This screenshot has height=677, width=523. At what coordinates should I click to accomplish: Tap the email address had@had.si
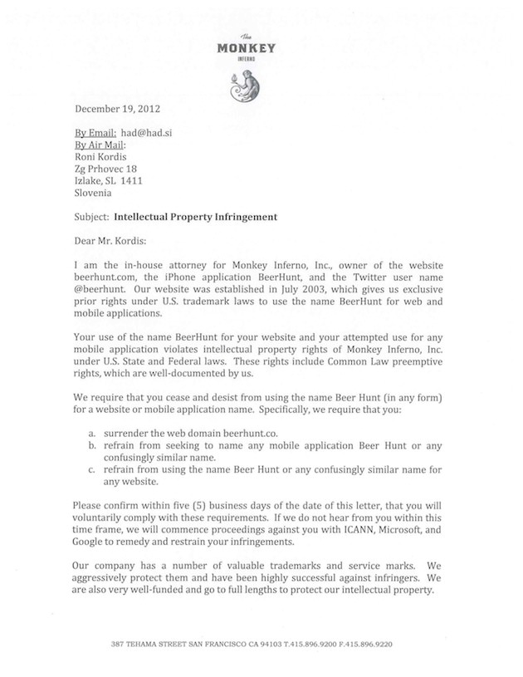[x=154, y=133]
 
